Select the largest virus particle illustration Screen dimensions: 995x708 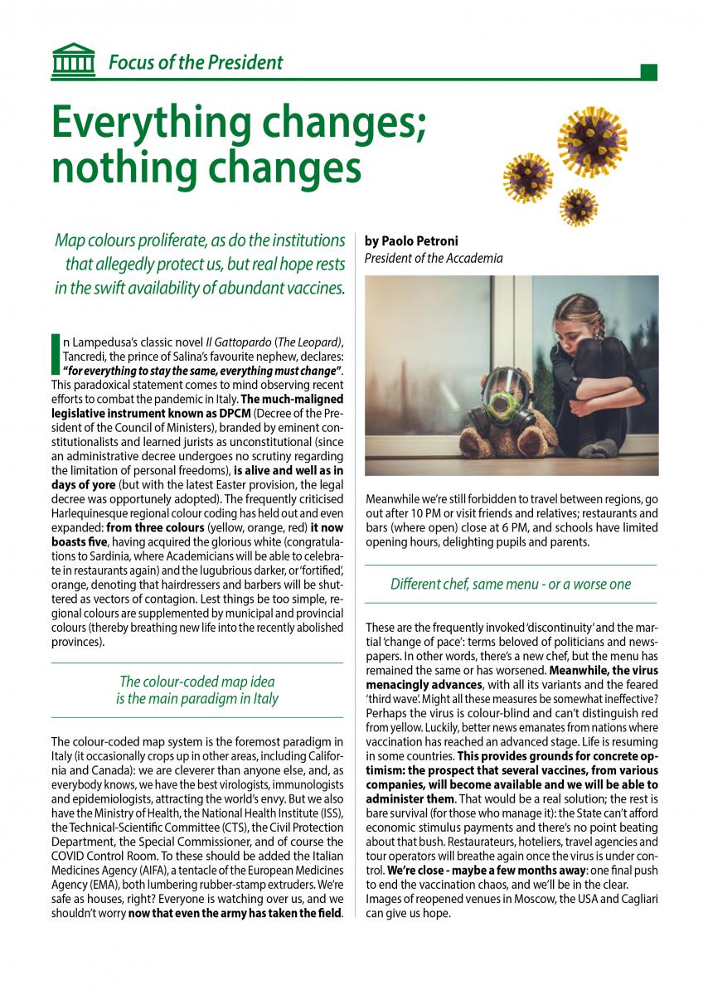pos(593,133)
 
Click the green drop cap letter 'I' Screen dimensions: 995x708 pos(56,351)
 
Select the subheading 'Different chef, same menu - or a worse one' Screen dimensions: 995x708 pos(511,584)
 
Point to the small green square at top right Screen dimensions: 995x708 pos(649,72)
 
